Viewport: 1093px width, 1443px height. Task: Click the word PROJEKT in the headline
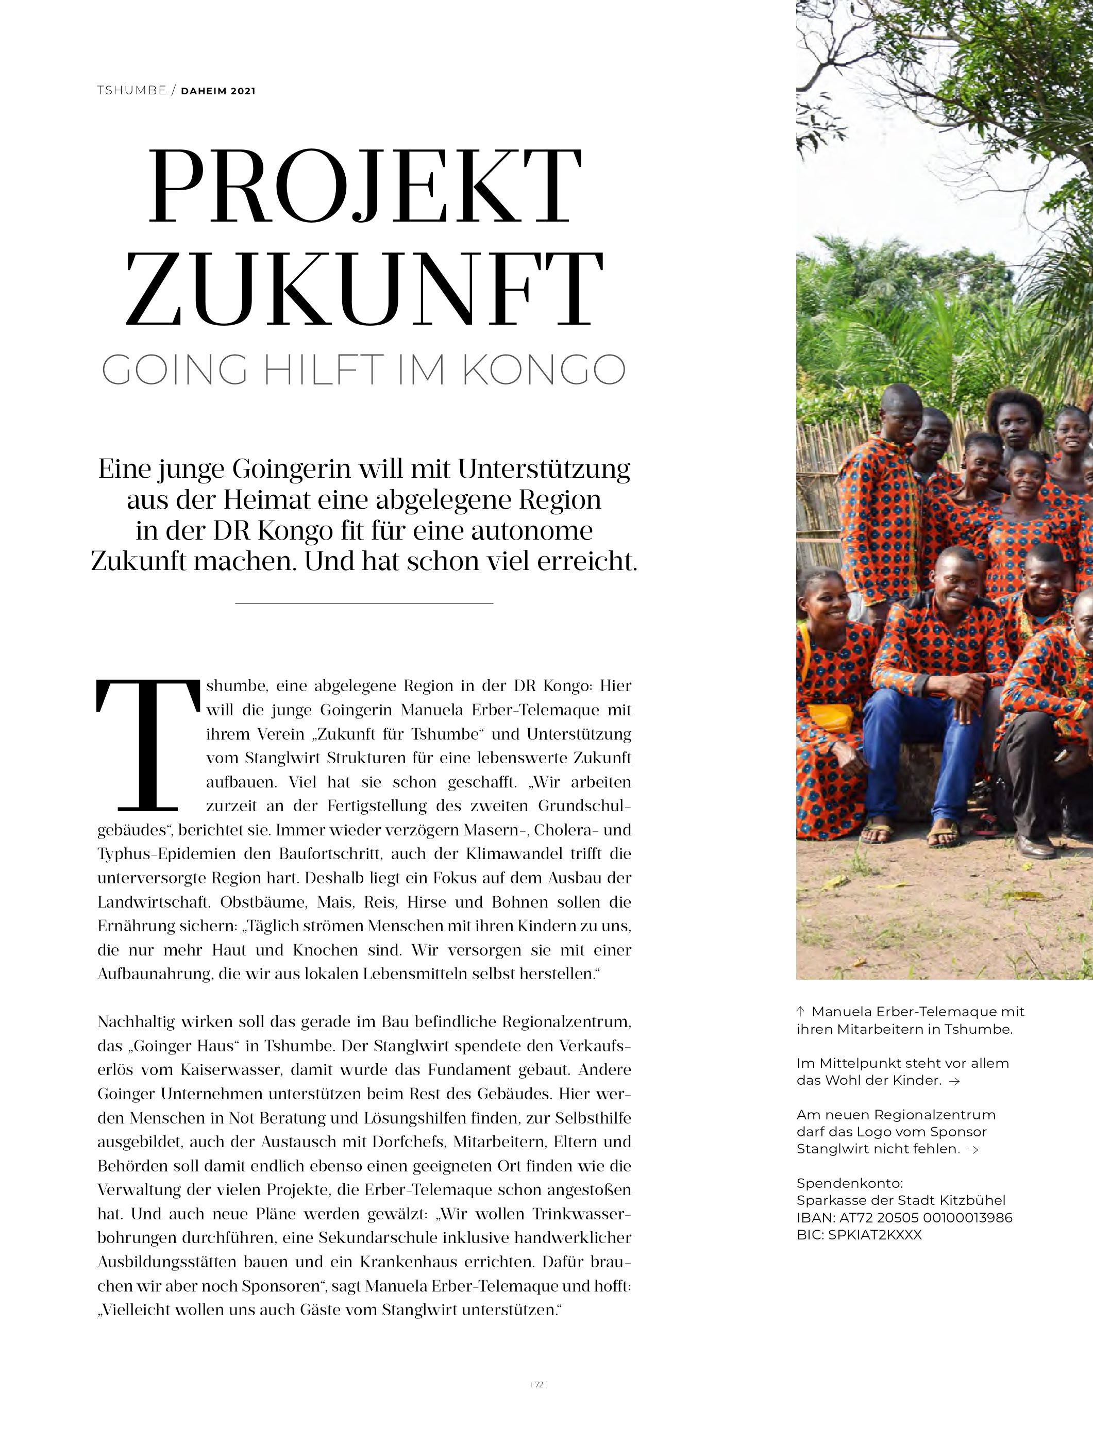coord(364,187)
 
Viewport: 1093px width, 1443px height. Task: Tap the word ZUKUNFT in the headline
coord(364,289)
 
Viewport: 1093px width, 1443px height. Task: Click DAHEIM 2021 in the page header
coord(218,91)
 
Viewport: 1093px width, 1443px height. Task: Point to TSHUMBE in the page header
coord(132,91)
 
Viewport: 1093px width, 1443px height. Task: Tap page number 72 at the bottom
coord(539,1398)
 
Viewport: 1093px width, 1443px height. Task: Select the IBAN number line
coord(904,1217)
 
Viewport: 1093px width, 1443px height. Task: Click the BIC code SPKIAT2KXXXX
coord(859,1235)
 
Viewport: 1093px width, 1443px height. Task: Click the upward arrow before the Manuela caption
coord(801,1012)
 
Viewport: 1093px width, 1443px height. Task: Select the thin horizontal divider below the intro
coord(364,603)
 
